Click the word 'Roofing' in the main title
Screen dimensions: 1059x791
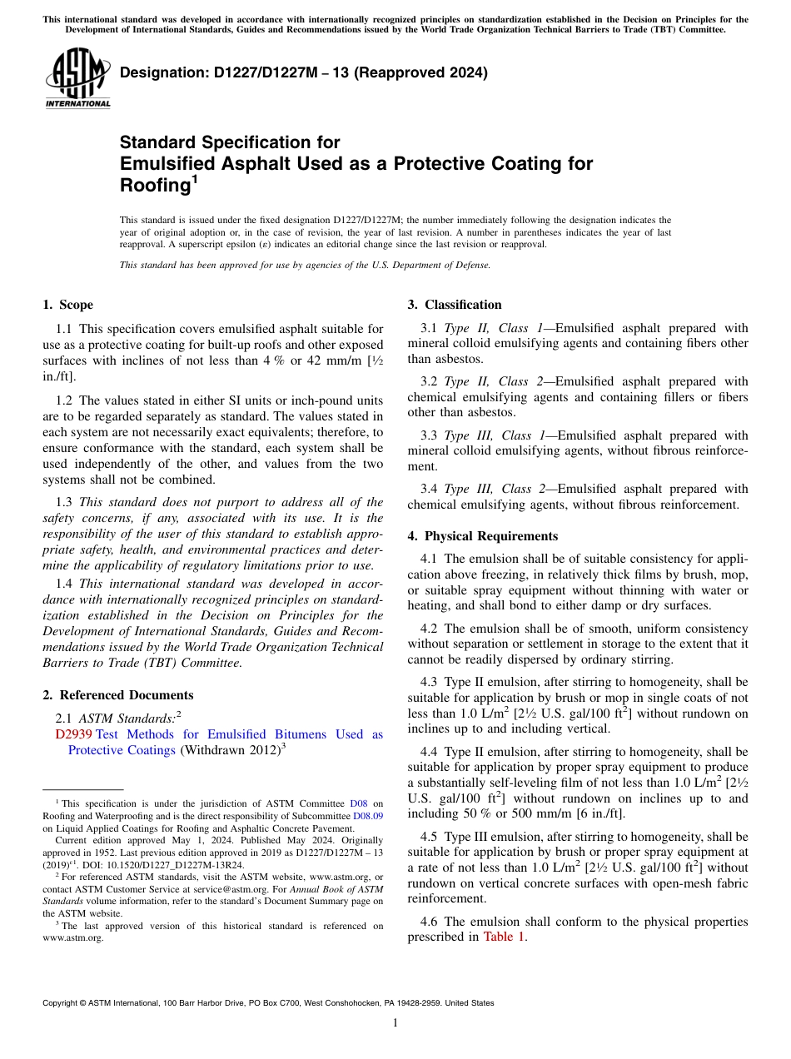point(155,186)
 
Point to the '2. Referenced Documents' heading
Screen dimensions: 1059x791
point(118,695)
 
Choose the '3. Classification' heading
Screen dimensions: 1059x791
point(455,305)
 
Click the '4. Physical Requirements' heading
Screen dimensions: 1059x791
point(483,536)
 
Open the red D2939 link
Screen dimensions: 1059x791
point(73,734)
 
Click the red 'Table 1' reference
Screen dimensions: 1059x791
point(504,937)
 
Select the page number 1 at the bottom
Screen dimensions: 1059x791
point(395,1023)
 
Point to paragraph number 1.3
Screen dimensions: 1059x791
point(64,502)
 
